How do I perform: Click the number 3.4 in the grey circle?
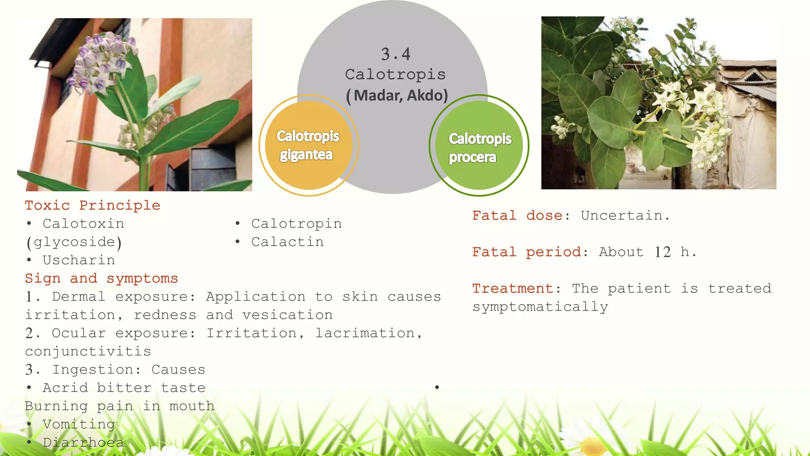coord(396,54)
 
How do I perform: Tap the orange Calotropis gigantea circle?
coord(308,145)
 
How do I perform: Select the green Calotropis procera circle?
coord(479,145)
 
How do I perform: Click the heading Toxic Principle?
coord(93,205)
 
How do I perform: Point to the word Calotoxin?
coord(83,224)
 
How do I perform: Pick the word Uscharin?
coord(79,260)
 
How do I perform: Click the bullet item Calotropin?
coord(296,224)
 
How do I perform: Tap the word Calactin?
coord(288,242)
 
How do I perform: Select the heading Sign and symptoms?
coord(101,278)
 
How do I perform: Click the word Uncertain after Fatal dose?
coord(625,216)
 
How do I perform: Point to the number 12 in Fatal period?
coord(662,252)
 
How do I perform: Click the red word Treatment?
coord(513,289)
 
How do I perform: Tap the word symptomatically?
coord(540,307)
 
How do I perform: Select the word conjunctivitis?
coord(88,351)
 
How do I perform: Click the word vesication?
coord(288,315)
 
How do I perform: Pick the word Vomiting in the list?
coord(79,424)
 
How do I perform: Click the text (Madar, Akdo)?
coord(397,95)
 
